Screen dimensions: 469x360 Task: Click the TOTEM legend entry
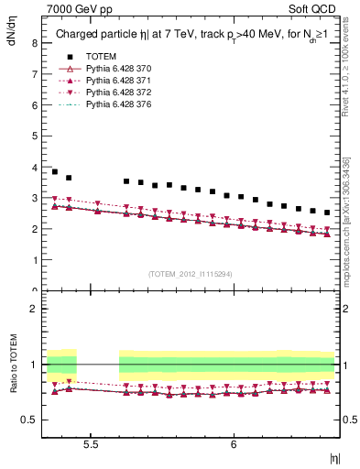[x=102, y=57]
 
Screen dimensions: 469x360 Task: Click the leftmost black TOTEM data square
[x=54, y=171]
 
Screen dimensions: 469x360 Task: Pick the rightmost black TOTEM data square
[x=327, y=213]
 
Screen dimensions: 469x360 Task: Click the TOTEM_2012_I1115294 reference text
[x=191, y=273]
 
